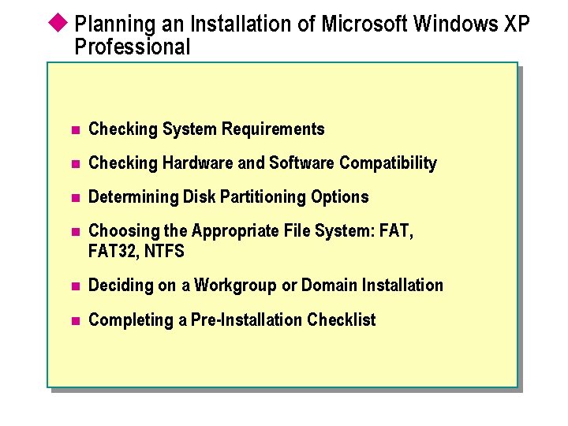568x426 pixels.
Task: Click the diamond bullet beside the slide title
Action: [x=60, y=22]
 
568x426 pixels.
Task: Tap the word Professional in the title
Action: [x=133, y=47]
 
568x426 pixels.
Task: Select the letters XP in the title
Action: [x=516, y=24]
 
